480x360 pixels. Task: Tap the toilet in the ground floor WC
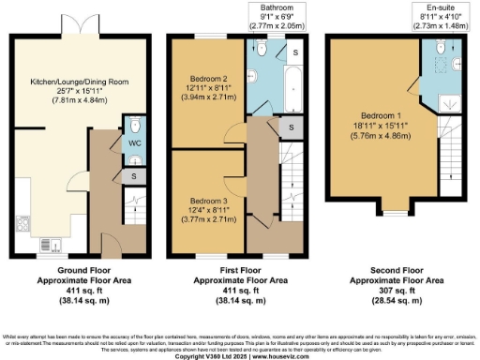pos(135,126)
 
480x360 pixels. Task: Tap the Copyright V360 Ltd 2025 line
pos(239,356)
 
